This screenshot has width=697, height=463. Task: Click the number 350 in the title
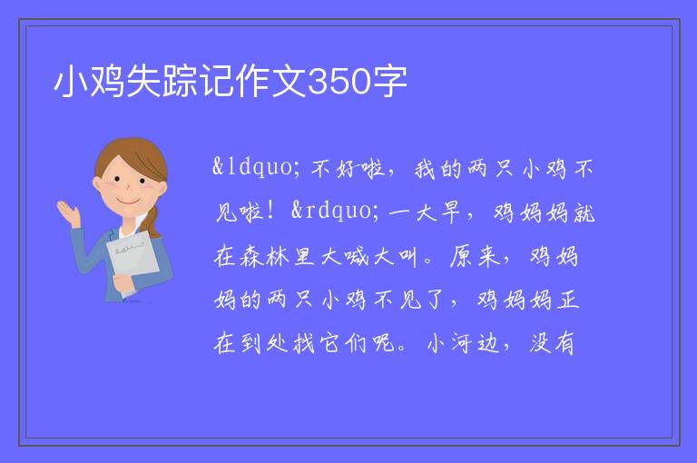pos(339,82)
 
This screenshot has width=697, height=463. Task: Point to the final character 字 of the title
pos(389,82)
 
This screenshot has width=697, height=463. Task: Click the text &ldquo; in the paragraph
pos(256,167)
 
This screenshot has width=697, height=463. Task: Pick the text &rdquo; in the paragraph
pos(335,211)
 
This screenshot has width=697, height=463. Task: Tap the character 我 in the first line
pos(424,170)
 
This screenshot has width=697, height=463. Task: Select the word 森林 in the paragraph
pos(265,257)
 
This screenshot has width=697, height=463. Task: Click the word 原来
pos(475,257)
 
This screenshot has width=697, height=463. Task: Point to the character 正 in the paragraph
pos(568,300)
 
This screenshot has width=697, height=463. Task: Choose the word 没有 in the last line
pos(552,343)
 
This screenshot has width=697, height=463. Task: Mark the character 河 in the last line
pos(462,343)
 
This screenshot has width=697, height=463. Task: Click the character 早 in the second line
pos(450,212)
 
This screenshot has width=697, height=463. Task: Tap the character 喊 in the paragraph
pos(357,257)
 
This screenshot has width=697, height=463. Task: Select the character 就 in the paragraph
pos(584,212)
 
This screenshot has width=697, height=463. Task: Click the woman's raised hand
pos(69,212)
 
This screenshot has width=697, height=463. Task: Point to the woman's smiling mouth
pos(128,201)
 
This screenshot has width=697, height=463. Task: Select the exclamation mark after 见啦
pos(270,211)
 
